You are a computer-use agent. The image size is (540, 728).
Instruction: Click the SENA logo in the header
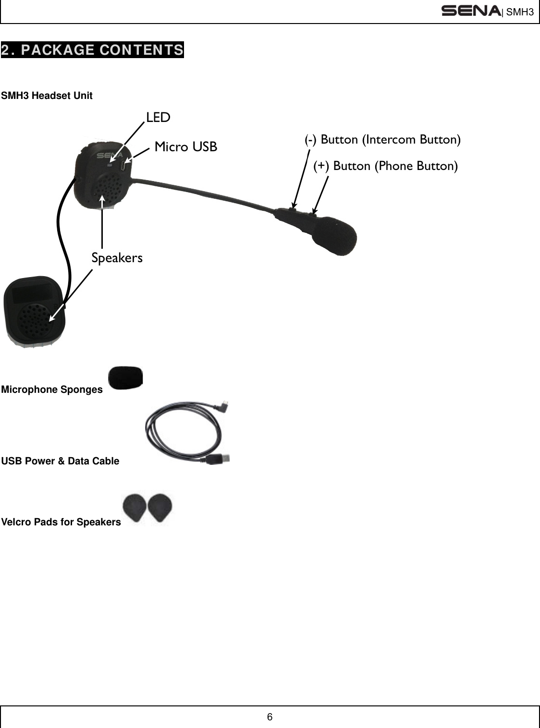(471, 11)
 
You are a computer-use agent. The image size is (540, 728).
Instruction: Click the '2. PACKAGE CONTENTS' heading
(92, 50)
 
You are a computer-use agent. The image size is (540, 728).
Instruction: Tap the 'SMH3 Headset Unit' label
(47, 96)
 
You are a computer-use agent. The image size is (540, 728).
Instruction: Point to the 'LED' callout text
(158, 118)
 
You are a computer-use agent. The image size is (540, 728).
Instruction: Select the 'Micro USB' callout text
(186, 146)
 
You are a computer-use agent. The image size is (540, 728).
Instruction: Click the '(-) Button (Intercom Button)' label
(383, 139)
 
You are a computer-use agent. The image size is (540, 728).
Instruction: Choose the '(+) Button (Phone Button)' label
(385, 166)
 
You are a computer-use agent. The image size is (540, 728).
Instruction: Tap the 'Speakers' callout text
(117, 258)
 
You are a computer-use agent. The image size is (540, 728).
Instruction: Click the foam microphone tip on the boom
(336, 235)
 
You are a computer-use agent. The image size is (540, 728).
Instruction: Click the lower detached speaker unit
(34, 311)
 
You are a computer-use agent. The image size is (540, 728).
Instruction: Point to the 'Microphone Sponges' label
(52, 389)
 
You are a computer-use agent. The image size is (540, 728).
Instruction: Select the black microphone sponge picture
(125, 377)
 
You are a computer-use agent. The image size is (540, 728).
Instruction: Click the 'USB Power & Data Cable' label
(60, 461)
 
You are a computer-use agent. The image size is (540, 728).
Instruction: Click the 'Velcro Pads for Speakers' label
(61, 522)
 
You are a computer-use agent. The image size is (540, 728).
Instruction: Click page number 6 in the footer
(270, 717)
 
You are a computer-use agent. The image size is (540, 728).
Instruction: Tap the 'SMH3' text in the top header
(520, 12)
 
